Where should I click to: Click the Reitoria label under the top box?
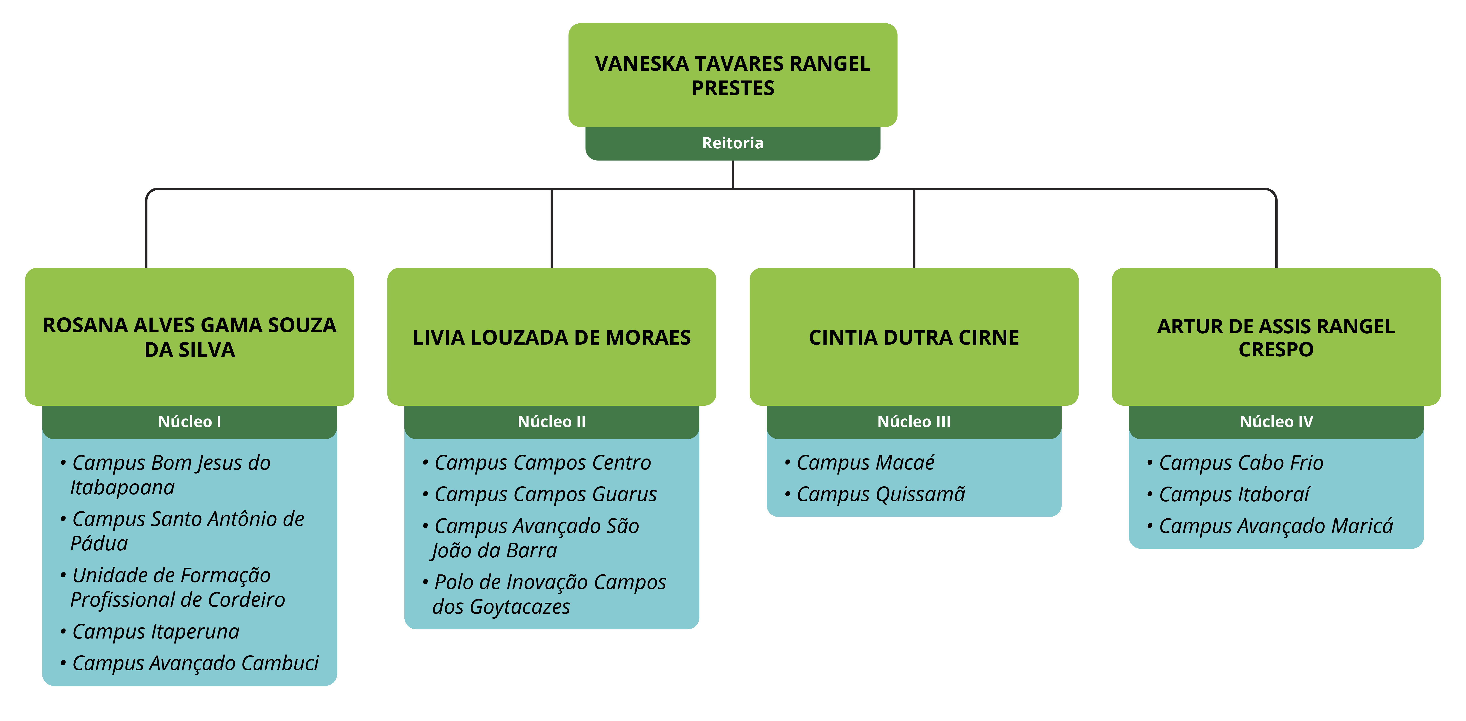click(732, 143)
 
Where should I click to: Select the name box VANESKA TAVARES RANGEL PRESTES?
click(732, 75)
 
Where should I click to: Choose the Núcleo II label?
click(552, 421)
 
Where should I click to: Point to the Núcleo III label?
click(913, 421)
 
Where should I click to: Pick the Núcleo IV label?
click(1276, 421)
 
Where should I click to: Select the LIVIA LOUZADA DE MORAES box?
click(552, 337)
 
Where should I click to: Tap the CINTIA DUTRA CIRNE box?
click(913, 337)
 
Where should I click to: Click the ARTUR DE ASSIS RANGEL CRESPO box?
click(1276, 337)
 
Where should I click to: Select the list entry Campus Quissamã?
click(880, 494)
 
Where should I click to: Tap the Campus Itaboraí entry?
click(1234, 494)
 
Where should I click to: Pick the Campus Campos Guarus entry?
click(545, 494)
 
